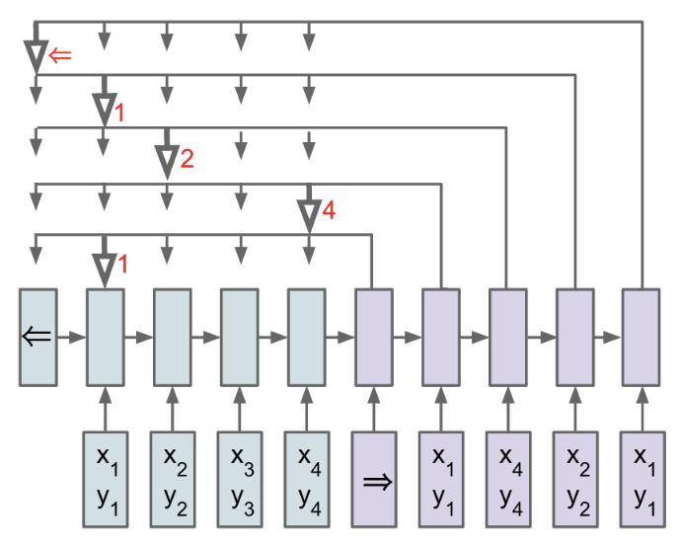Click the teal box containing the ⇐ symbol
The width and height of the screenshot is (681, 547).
point(38,336)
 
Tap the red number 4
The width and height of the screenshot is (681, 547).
point(329,210)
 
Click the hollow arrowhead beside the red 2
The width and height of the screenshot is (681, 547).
point(166,160)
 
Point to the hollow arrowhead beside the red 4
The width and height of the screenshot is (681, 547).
point(308,213)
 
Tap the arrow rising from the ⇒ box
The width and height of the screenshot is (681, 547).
point(373,408)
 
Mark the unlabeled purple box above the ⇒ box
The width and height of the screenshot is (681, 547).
point(373,336)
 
